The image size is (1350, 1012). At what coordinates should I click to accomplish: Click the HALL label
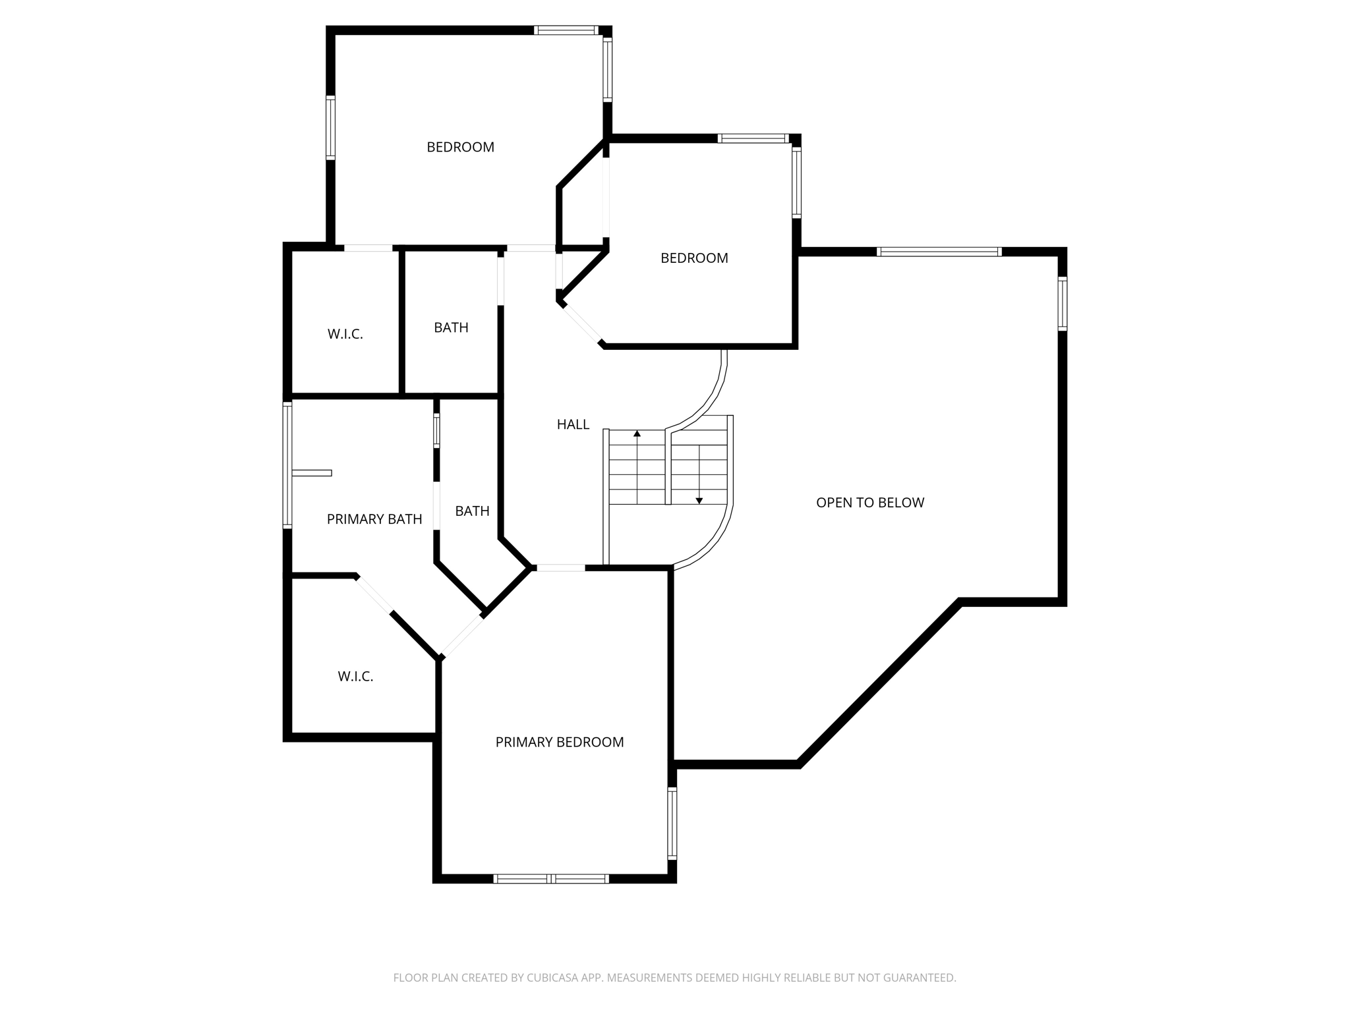point(573,425)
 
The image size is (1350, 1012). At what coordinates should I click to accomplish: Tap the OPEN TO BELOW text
point(869,503)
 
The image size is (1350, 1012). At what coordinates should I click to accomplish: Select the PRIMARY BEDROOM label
point(559,743)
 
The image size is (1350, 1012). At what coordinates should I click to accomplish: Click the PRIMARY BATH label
point(374,519)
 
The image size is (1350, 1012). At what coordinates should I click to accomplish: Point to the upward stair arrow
point(637,434)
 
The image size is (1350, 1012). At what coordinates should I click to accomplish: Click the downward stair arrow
point(699,500)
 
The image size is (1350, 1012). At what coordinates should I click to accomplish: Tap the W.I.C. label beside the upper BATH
point(345,334)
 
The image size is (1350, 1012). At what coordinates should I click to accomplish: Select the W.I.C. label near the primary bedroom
point(355,677)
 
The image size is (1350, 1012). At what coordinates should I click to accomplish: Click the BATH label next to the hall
point(451,327)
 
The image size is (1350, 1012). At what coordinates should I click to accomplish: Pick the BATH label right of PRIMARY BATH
point(472,511)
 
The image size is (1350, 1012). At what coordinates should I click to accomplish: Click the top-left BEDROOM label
point(460,148)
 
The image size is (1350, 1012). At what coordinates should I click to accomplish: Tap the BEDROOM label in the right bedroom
point(694,258)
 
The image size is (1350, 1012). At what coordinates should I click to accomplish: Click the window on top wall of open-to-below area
point(939,252)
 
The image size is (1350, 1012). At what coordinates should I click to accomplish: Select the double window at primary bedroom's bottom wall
point(550,878)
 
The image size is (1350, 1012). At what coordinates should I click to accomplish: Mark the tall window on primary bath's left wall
point(287,465)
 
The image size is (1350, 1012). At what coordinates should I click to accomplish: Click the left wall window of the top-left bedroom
point(330,128)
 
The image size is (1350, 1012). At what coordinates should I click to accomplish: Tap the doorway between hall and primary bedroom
point(559,567)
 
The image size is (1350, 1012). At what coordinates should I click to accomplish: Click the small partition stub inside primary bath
point(312,472)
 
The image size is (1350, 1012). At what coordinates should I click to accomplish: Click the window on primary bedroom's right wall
point(672,824)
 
